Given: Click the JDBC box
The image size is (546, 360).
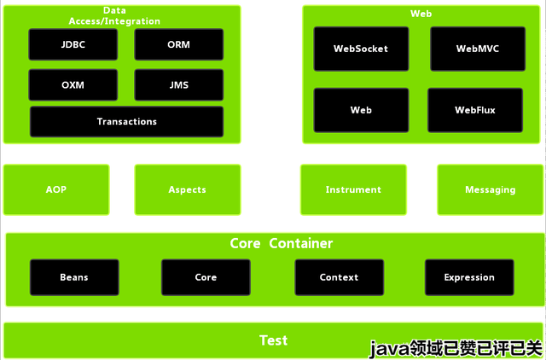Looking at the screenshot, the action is (73, 44).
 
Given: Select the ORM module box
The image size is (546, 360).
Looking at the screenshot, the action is (179, 44).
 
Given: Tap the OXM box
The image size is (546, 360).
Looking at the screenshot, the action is (73, 85).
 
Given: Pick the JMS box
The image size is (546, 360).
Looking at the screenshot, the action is (179, 85).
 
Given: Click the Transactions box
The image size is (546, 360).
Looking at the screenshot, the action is (127, 121).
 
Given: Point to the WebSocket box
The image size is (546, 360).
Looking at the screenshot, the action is (361, 49).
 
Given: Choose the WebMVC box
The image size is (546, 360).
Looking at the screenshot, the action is (478, 49).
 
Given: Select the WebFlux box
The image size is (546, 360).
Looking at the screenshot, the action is (475, 110).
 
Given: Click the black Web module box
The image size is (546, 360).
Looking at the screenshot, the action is (361, 110).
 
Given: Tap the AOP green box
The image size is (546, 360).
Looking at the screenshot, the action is (56, 189).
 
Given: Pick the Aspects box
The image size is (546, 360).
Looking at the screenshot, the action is (188, 189).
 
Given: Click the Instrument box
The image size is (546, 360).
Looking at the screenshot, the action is (353, 189).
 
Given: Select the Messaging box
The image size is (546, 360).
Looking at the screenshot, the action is (491, 189).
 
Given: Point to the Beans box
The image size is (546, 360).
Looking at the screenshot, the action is (74, 277).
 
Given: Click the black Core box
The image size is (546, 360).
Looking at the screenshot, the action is (206, 277).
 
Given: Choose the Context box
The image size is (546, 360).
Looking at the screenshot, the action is (340, 277).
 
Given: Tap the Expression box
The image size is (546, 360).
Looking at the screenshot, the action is (469, 277).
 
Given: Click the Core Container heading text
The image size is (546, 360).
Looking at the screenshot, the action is (282, 243).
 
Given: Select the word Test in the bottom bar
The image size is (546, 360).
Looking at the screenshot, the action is (273, 340).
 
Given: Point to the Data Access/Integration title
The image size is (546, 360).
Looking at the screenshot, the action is (114, 16).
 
